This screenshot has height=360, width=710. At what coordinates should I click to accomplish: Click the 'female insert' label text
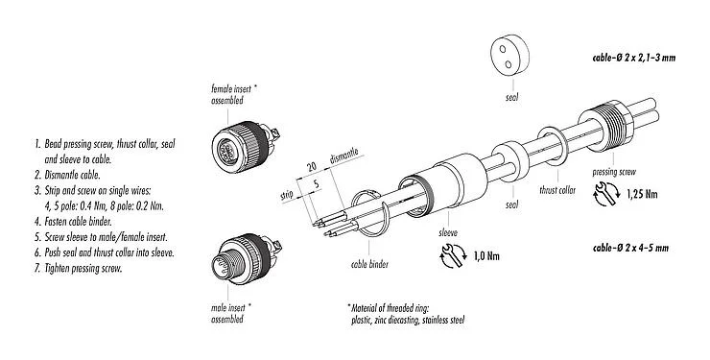click(x=234, y=89)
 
